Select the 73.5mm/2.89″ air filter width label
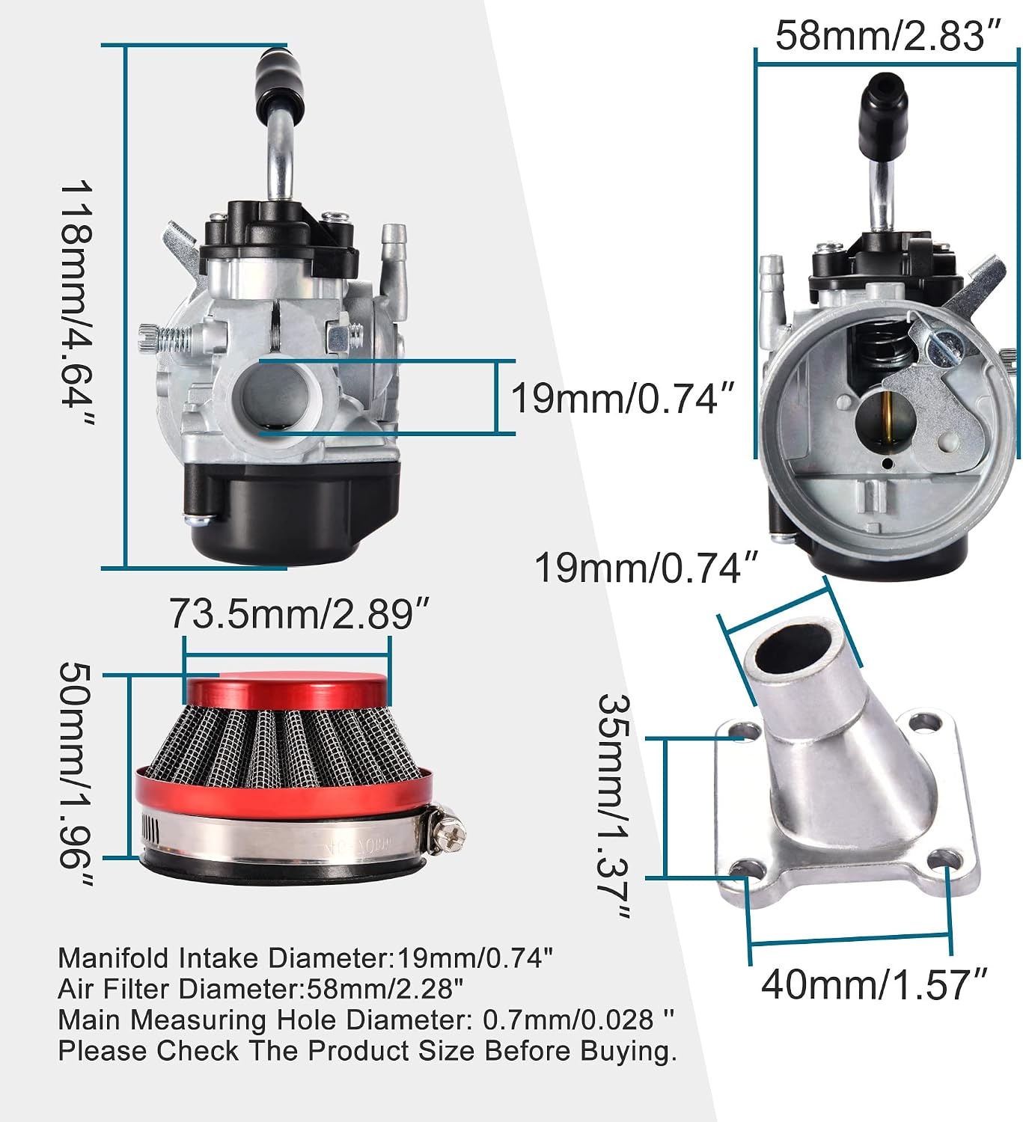coord(299,613)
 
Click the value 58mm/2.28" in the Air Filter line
coord(385,989)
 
